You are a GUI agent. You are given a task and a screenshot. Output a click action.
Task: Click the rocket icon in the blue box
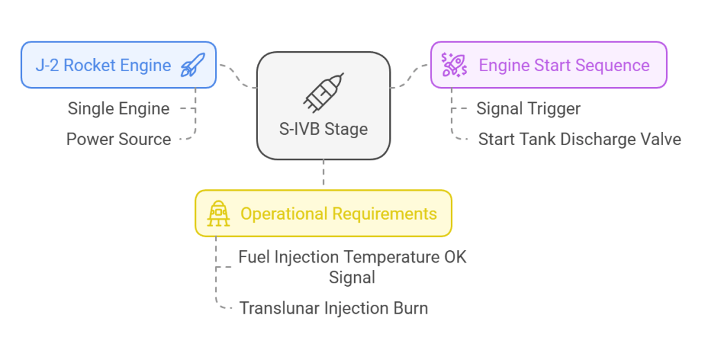click(192, 66)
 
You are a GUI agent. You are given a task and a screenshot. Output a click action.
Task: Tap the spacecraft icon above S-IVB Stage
click(323, 92)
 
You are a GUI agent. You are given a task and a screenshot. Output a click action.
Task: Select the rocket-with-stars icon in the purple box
click(454, 66)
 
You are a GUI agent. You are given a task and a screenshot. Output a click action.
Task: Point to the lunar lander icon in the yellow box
click(218, 214)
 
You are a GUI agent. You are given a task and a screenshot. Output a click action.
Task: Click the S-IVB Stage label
click(324, 129)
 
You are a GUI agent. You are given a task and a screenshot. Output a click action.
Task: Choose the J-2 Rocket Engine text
click(103, 66)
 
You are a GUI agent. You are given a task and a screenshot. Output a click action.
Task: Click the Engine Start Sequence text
click(564, 66)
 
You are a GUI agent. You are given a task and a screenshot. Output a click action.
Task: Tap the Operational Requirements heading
click(338, 214)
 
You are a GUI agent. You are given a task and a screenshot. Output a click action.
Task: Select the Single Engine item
click(118, 108)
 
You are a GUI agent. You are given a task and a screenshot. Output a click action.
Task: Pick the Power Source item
click(118, 139)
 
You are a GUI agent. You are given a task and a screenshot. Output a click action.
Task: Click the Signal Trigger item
click(528, 108)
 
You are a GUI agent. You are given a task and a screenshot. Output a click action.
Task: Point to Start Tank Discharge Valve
click(579, 139)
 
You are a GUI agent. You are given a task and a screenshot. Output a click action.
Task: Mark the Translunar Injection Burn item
click(333, 307)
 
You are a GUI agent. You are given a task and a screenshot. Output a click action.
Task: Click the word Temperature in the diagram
click(391, 258)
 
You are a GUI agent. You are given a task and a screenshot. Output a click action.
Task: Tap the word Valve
click(660, 139)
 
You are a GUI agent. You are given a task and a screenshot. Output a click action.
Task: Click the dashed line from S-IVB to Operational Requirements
click(324, 175)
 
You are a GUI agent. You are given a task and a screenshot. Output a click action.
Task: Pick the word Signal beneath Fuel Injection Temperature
click(352, 277)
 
